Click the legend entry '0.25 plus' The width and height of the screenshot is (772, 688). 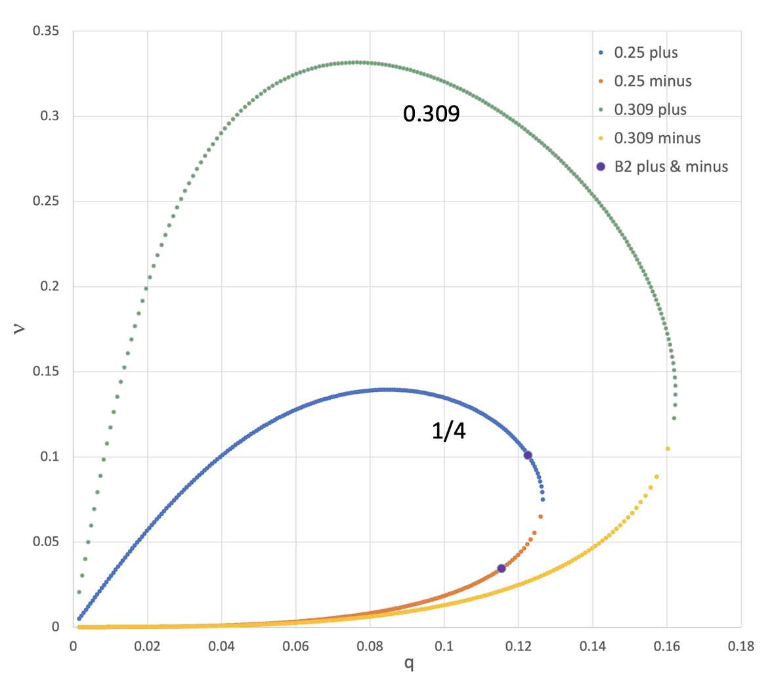[645, 53]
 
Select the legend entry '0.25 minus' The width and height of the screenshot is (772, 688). [653, 81]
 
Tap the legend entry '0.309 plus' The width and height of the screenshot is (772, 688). [650, 110]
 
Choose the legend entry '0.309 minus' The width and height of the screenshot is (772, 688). [657, 139]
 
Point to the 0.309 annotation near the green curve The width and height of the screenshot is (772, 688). [431, 114]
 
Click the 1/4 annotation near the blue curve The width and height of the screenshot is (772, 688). [448, 432]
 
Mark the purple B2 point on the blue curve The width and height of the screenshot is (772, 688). [527, 455]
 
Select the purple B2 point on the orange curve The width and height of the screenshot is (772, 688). [502, 569]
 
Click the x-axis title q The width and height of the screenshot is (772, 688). [408, 664]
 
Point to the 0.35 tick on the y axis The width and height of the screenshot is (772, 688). [46, 32]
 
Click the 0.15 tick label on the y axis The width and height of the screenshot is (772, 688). [46, 372]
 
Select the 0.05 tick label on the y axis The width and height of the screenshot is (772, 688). [46, 542]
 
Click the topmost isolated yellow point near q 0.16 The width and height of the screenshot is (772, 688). [668, 448]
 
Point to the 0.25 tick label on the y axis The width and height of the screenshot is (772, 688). [46, 202]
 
